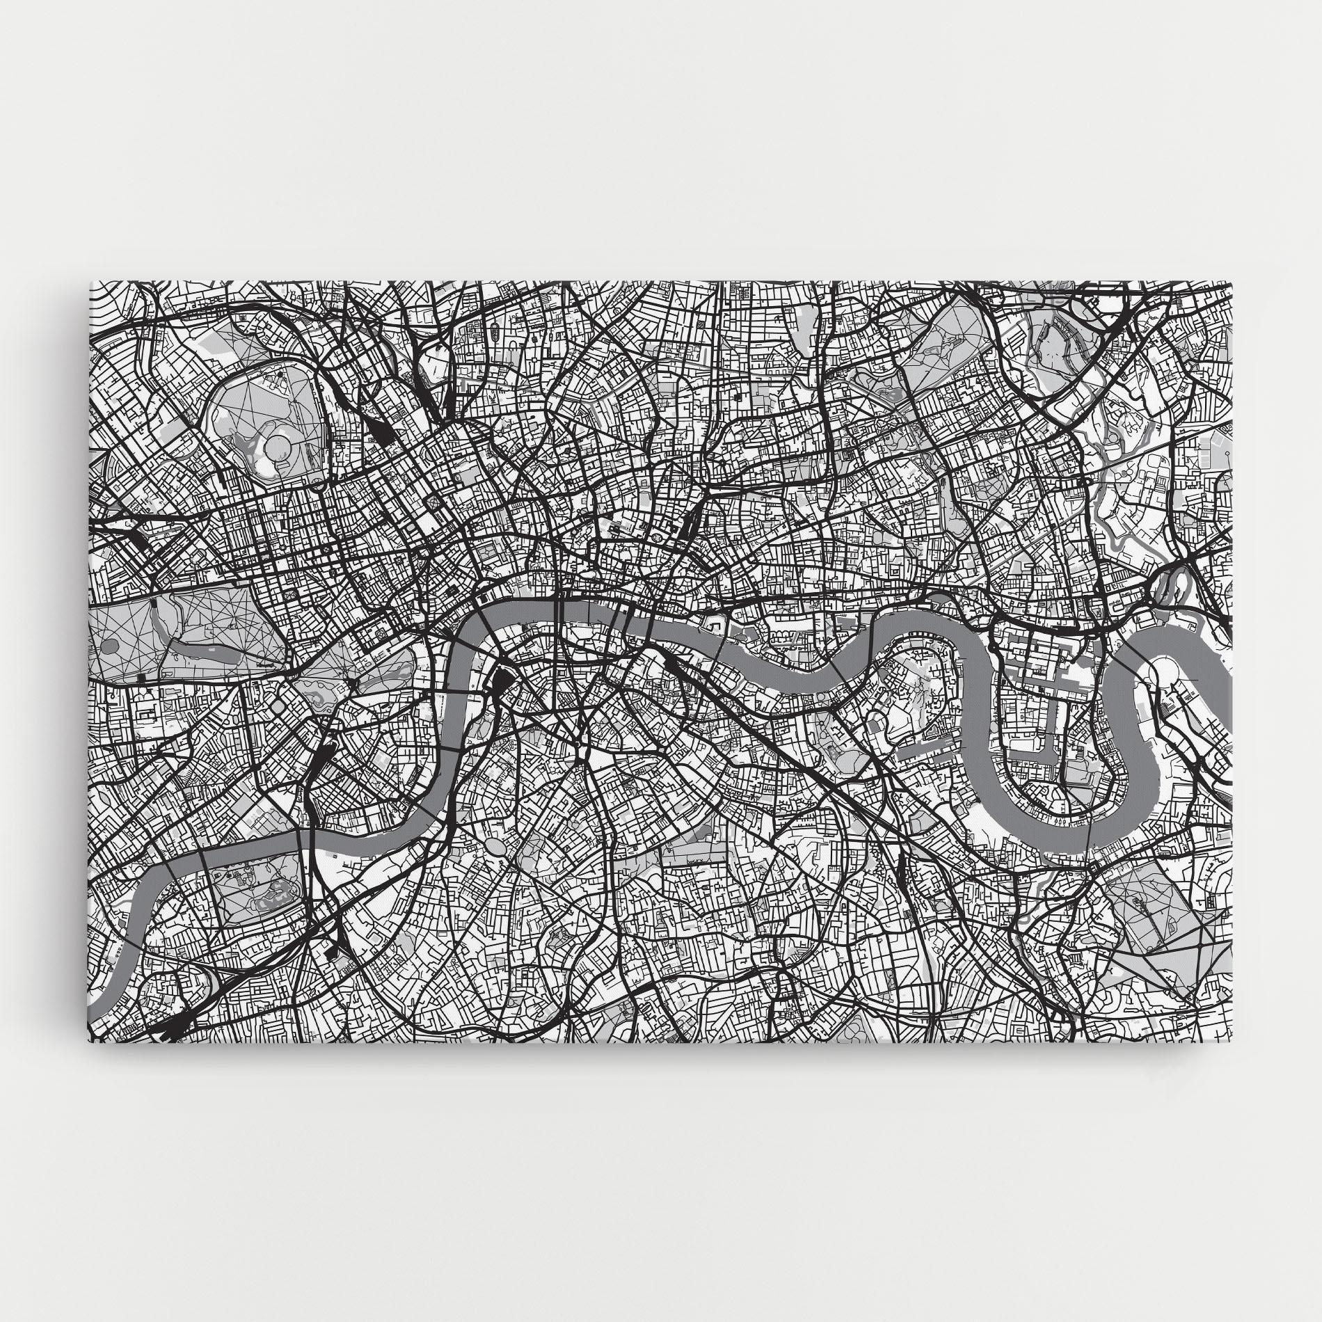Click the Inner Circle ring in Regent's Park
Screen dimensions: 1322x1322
pos(279,443)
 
